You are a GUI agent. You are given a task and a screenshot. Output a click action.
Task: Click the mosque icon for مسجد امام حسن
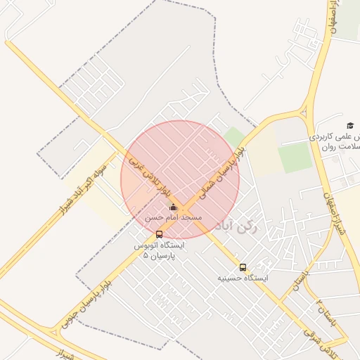(174, 207)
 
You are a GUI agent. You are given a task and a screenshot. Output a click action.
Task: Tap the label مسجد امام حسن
(174, 218)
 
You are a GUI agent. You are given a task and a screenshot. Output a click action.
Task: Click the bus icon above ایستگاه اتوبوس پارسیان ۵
(159, 234)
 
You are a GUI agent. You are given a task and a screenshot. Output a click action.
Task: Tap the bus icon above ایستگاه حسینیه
(243, 268)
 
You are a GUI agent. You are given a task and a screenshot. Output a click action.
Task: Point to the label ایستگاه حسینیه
(243, 278)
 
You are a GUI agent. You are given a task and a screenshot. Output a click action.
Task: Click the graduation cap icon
(350, 124)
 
